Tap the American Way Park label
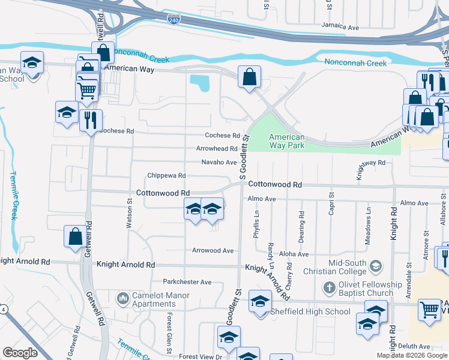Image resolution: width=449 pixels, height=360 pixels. click(x=286, y=141)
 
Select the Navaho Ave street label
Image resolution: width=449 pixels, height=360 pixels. click(x=218, y=163)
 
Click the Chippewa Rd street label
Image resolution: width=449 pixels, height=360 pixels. click(x=166, y=176)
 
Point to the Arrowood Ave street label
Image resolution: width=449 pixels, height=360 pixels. click(x=212, y=250)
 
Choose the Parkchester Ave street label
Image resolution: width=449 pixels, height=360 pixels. click(x=187, y=282)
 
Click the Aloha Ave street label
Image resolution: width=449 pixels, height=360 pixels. click(x=293, y=254)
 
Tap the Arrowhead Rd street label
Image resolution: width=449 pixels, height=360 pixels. click(x=217, y=149)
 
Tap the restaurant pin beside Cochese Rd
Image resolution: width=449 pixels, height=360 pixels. click(x=91, y=120)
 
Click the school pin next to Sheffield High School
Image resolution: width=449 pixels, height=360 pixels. click(x=260, y=302)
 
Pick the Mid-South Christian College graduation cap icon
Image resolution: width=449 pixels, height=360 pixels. click(x=376, y=265)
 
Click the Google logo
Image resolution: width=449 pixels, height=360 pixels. click(x=20, y=353)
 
